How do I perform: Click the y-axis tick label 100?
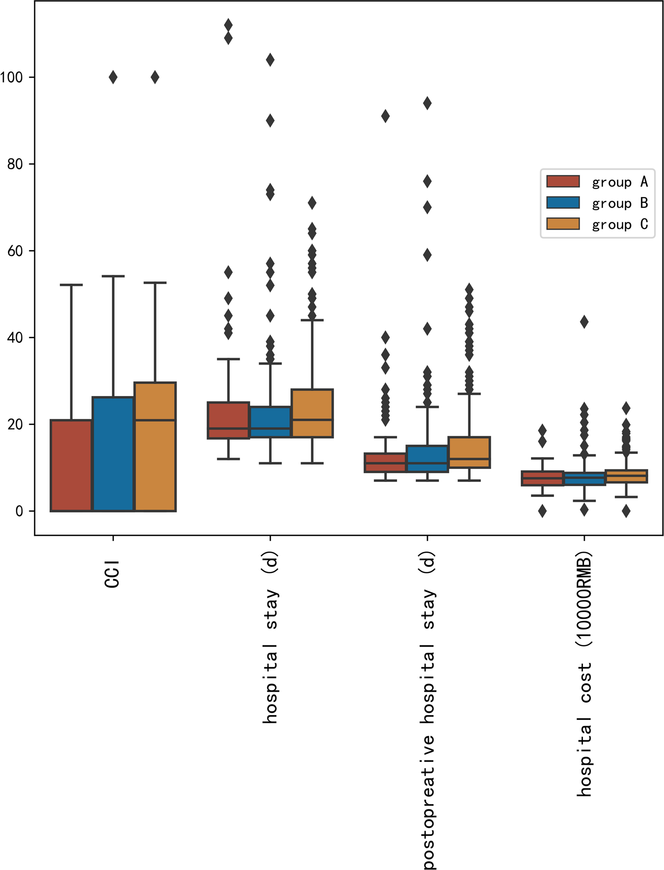point(11,77)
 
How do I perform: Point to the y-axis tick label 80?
point(15,164)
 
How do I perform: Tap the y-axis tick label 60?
point(15,251)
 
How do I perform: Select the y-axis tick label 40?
point(15,337)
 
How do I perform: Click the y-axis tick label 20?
point(15,424)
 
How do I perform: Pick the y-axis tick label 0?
point(19,511)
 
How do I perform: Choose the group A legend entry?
point(597,182)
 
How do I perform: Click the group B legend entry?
point(597,203)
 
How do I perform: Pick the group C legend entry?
point(597,225)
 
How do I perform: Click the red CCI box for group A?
point(71,465)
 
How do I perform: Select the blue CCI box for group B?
point(113,454)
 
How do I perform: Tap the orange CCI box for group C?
point(155,446)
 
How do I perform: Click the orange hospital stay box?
point(312,413)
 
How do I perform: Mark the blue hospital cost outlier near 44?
point(584,322)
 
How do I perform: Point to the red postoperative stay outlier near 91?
point(385,116)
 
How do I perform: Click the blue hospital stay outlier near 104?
point(270,60)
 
